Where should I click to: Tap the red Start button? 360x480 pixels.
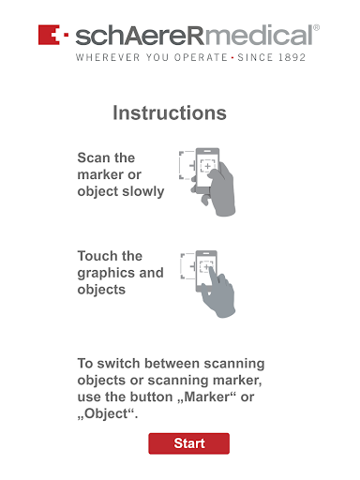point(188,443)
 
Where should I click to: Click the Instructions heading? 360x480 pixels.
point(170,112)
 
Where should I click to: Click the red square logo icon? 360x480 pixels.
point(49,35)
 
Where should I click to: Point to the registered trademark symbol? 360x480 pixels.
point(316,27)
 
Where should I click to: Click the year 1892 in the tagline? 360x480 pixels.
point(292,57)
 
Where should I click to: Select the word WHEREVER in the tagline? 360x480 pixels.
point(108,57)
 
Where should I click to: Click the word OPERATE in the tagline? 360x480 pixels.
point(201,57)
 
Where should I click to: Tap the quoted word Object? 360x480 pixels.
point(106,414)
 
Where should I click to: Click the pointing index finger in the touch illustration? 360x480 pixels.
point(214,274)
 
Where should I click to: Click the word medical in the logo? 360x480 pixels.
point(259,36)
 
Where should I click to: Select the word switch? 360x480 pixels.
point(118,364)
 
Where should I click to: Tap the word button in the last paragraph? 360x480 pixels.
point(152,397)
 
